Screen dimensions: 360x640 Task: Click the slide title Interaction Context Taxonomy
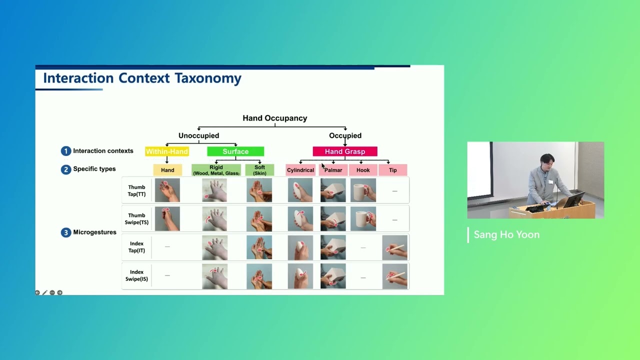tap(142, 78)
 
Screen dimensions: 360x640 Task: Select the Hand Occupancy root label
tap(274, 118)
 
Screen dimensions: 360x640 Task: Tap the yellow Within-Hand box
tap(167, 151)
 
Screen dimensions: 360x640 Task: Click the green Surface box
tap(235, 151)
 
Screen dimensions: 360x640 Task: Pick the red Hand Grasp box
tap(345, 151)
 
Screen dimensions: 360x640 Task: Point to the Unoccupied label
tap(198, 135)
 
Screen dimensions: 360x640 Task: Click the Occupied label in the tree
tap(345, 135)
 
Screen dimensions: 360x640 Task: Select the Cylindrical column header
tap(300, 170)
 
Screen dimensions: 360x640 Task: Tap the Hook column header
tap(363, 170)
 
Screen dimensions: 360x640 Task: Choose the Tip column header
tap(393, 170)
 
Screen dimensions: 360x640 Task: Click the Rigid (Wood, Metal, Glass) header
tap(216, 170)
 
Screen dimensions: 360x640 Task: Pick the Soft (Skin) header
tap(259, 170)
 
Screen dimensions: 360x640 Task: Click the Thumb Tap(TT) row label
tap(136, 190)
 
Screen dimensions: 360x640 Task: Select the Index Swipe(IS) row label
tap(136, 275)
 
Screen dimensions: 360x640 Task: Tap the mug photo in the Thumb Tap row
tap(363, 190)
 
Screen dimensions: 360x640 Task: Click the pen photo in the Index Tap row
tap(394, 247)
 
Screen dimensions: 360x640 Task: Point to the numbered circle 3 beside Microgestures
tap(66, 232)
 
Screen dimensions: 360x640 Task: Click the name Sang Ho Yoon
tap(506, 235)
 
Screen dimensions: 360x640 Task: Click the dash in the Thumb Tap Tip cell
tap(394, 191)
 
